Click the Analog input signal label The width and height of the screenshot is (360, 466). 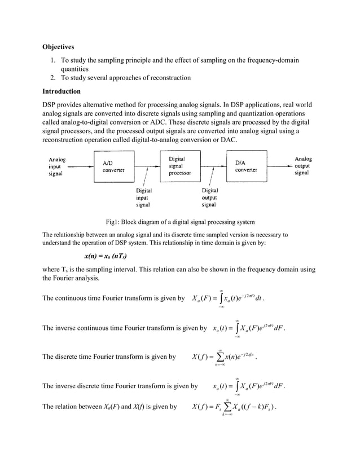click(x=57, y=166)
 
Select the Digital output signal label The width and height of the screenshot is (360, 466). click(x=209, y=198)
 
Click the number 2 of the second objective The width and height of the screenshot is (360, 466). click(x=51, y=78)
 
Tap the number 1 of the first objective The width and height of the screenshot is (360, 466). click(x=51, y=60)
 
